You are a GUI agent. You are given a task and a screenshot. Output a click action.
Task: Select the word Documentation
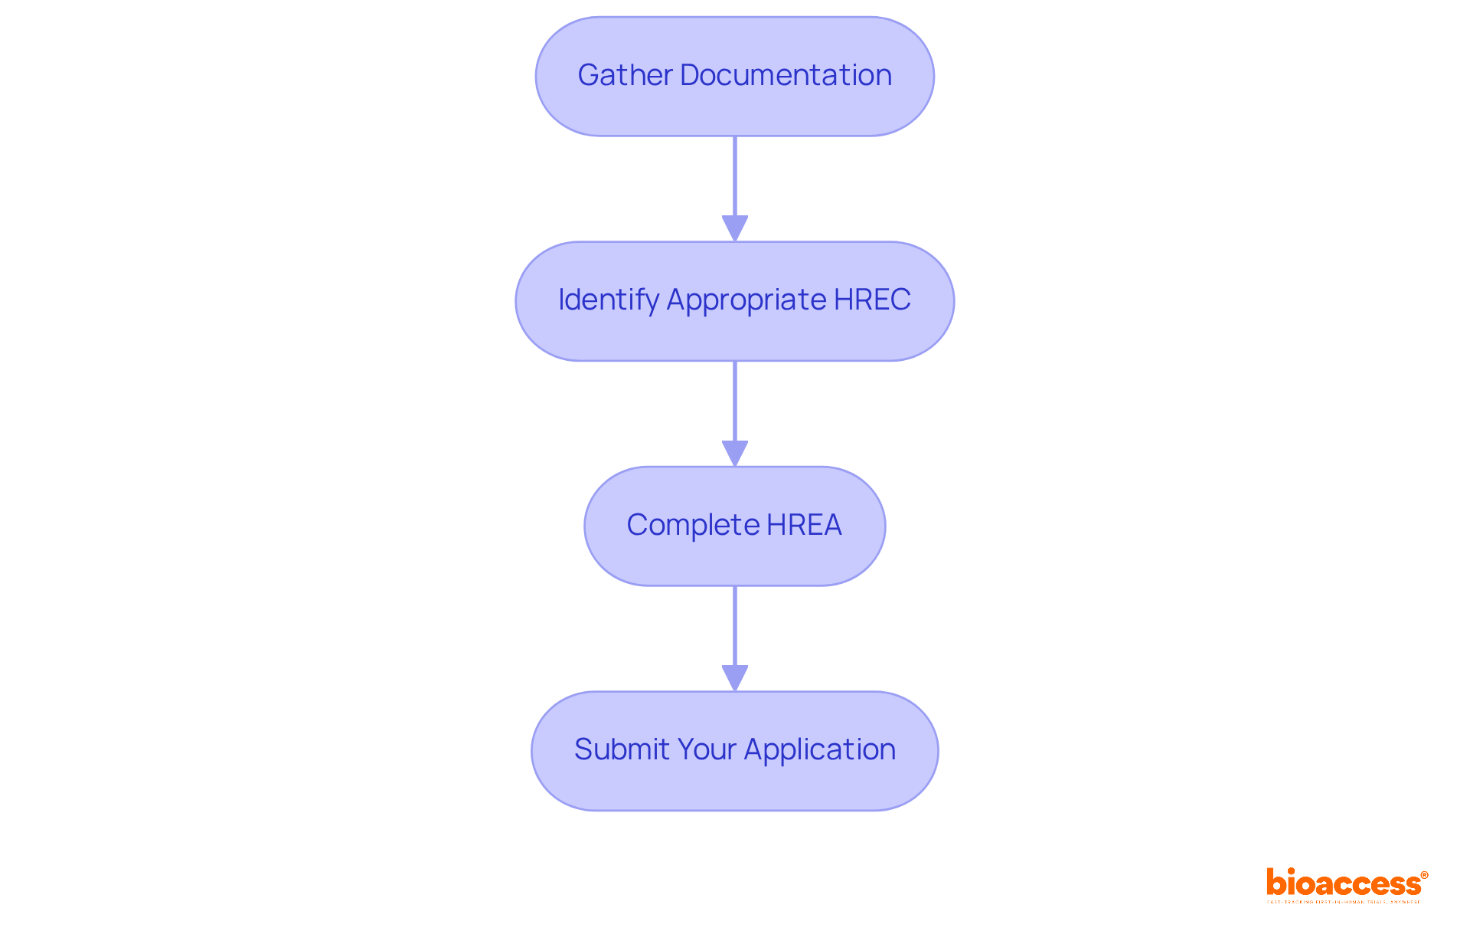[x=786, y=75]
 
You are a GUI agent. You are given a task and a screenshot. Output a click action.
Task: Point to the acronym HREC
[x=872, y=300]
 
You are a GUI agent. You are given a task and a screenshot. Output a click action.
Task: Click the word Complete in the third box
[x=693, y=525]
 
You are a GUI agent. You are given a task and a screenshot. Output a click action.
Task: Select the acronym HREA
[x=804, y=525]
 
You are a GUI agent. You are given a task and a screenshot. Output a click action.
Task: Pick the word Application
[x=819, y=749]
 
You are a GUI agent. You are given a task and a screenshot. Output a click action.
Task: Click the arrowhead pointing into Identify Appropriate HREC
[x=735, y=228]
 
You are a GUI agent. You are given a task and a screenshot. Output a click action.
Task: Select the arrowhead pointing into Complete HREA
[x=735, y=453]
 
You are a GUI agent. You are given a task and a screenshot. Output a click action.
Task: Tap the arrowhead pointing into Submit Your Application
[x=735, y=677]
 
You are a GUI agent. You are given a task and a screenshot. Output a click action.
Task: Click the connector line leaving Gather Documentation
[x=735, y=176]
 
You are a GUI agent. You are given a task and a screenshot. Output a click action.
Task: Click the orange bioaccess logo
[x=1344, y=883]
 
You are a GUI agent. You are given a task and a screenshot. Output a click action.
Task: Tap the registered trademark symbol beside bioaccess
[x=1424, y=875]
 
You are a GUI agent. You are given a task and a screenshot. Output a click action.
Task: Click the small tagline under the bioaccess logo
[x=1344, y=903]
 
